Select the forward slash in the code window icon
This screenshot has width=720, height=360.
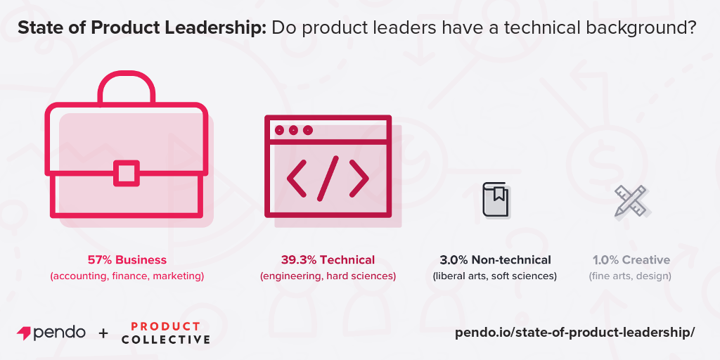pyautogui.click(x=328, y=176)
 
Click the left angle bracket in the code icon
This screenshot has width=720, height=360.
pyautogui.click(x=296, y=177)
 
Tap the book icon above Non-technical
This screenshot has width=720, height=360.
pyautogui.click(x=495, y=198)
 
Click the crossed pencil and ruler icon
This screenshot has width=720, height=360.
pyautogui.click(x=630, y=200)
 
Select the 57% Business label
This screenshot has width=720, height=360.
pyautogui.click(x=127, y=259)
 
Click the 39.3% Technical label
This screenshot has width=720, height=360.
pyautogui.click(x=328, y=259)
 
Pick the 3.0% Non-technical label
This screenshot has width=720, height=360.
pyautogui.click(x=495, y=259)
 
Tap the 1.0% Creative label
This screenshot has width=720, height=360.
pyautogui.click(x=631, y=259)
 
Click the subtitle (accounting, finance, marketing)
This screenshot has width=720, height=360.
pyautogui.click(x=127, y=276)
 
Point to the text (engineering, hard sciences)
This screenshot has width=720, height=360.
pyautogui.click(x=328, y=276)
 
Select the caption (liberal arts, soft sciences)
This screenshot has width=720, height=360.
pyautogui.click(x=495, y=276)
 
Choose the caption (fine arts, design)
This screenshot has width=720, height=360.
pyautogui.click(x=630, y=276)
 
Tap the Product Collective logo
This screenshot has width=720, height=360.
pyautogui.click(x=165, y=333)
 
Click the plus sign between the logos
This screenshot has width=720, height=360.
pyautogui.click(x=103, y=333)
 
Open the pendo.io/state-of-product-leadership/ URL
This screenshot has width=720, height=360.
pyautogui.click(x=574, y=333)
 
